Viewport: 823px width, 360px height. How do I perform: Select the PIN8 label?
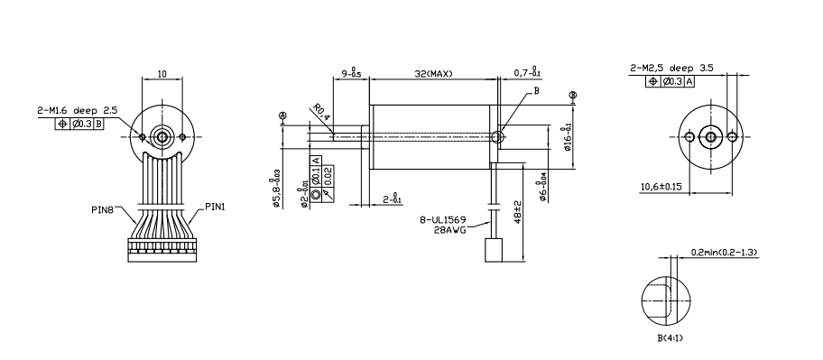pos(103,209)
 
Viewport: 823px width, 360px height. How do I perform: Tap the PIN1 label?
pos(214,205)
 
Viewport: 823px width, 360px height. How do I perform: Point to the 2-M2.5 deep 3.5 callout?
pos(671,68)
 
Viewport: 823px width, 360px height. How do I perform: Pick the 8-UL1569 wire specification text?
pos(445,219)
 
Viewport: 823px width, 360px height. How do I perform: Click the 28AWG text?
pos(451,230)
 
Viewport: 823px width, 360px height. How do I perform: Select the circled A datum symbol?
pos(282,115)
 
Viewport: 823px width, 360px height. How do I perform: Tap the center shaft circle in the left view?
pos(162,137)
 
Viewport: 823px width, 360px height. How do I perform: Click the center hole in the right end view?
pos(709,137)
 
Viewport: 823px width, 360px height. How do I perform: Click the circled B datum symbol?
pos(573,95)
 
